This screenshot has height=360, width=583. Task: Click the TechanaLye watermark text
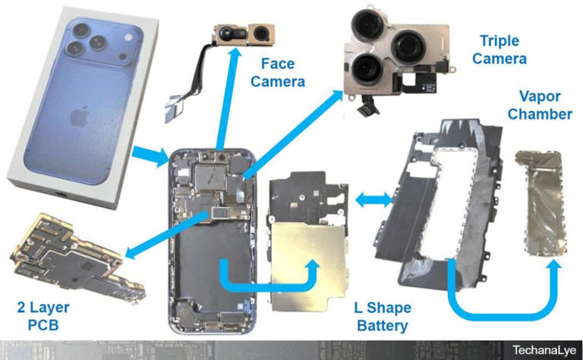pyautogui.click(x=544, y=350)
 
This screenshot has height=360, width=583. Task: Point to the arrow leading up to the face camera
pyautogui.click(x=225, y=99)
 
